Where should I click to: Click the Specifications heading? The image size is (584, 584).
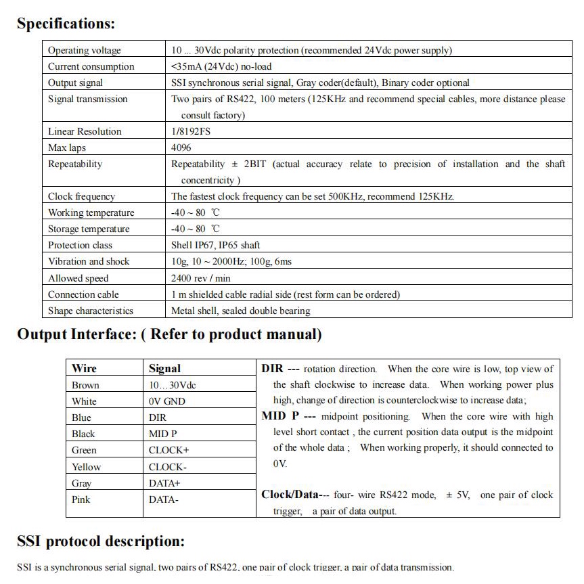click(x=66, y=24)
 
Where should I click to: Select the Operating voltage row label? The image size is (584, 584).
click(x=85, y=50)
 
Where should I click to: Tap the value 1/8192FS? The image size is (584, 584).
click(x=191, y=131)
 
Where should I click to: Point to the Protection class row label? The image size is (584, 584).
click(x=80, y=245)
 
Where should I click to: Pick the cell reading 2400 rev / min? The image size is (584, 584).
click(x=201, y=278)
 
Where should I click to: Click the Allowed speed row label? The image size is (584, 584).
click(x=78, y=278)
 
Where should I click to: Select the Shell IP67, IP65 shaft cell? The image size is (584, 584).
click(x=216, y=245)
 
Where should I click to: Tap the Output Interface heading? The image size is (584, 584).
click(x=169, y=334)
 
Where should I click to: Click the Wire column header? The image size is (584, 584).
click(x=84, y=368)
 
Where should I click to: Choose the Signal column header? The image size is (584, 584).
click(x=164, y=368)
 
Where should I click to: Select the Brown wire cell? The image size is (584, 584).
click(x=85, y=385)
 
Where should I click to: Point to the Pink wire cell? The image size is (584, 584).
click(x=81, y=499)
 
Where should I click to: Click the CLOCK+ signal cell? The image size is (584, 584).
click(x=169, y=450)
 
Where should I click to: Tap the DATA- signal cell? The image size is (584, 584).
click(x=164, y=499)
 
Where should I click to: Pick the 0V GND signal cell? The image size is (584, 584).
click(x=166, y=401)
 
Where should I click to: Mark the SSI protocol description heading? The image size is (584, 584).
click(x=100, y=541)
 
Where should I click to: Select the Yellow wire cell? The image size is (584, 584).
click(x=86, y=467)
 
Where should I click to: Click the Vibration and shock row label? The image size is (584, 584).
click(x=89, y=261)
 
